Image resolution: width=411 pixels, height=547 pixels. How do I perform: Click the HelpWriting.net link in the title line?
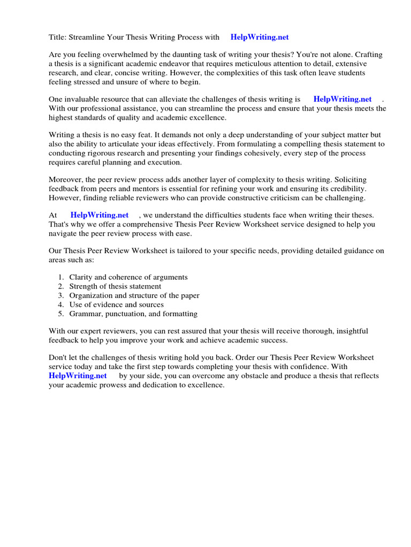click(260, 37)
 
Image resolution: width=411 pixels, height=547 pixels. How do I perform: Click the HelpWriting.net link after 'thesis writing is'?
click(342, 99)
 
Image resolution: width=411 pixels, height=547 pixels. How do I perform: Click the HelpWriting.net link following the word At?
click(100, 215)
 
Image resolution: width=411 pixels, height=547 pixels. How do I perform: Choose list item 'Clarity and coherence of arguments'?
click(128, 277)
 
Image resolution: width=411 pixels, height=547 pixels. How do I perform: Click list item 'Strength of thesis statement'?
click(115, 286)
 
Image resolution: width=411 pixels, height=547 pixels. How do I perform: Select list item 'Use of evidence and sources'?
click(117, 304)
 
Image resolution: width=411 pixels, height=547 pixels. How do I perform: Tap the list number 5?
click(60, 314)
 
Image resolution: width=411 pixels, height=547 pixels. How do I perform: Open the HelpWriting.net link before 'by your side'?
click(78, 376)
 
